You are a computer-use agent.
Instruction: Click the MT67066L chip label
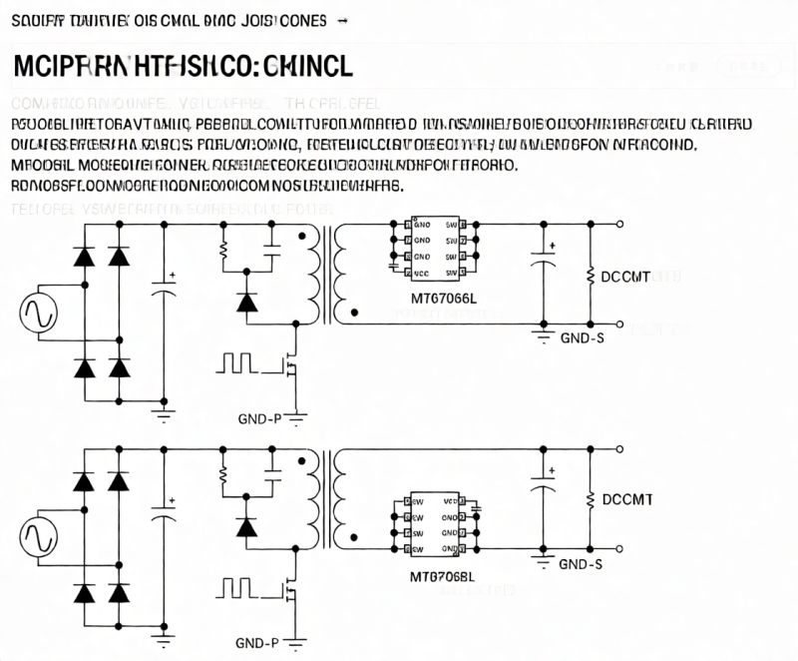pyautogui.click(x=444, y=298)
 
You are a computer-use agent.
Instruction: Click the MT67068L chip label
pyautogui.click(x=443, y=577)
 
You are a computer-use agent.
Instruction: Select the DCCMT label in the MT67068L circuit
pyautogui.click(x=627, y=498)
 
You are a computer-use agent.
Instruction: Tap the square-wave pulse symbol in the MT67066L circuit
pyautogui.click(x=239, y=361)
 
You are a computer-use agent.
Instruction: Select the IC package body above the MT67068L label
pyautogui.click(x=435, y=524)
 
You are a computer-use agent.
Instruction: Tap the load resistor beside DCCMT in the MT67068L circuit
pyautogui.click(x=592, y=498)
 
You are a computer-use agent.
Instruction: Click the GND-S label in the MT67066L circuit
pyautogui.click(x=583, y=337)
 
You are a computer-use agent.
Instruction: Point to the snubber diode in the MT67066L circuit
pyautogui.click(x=246, y=302)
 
